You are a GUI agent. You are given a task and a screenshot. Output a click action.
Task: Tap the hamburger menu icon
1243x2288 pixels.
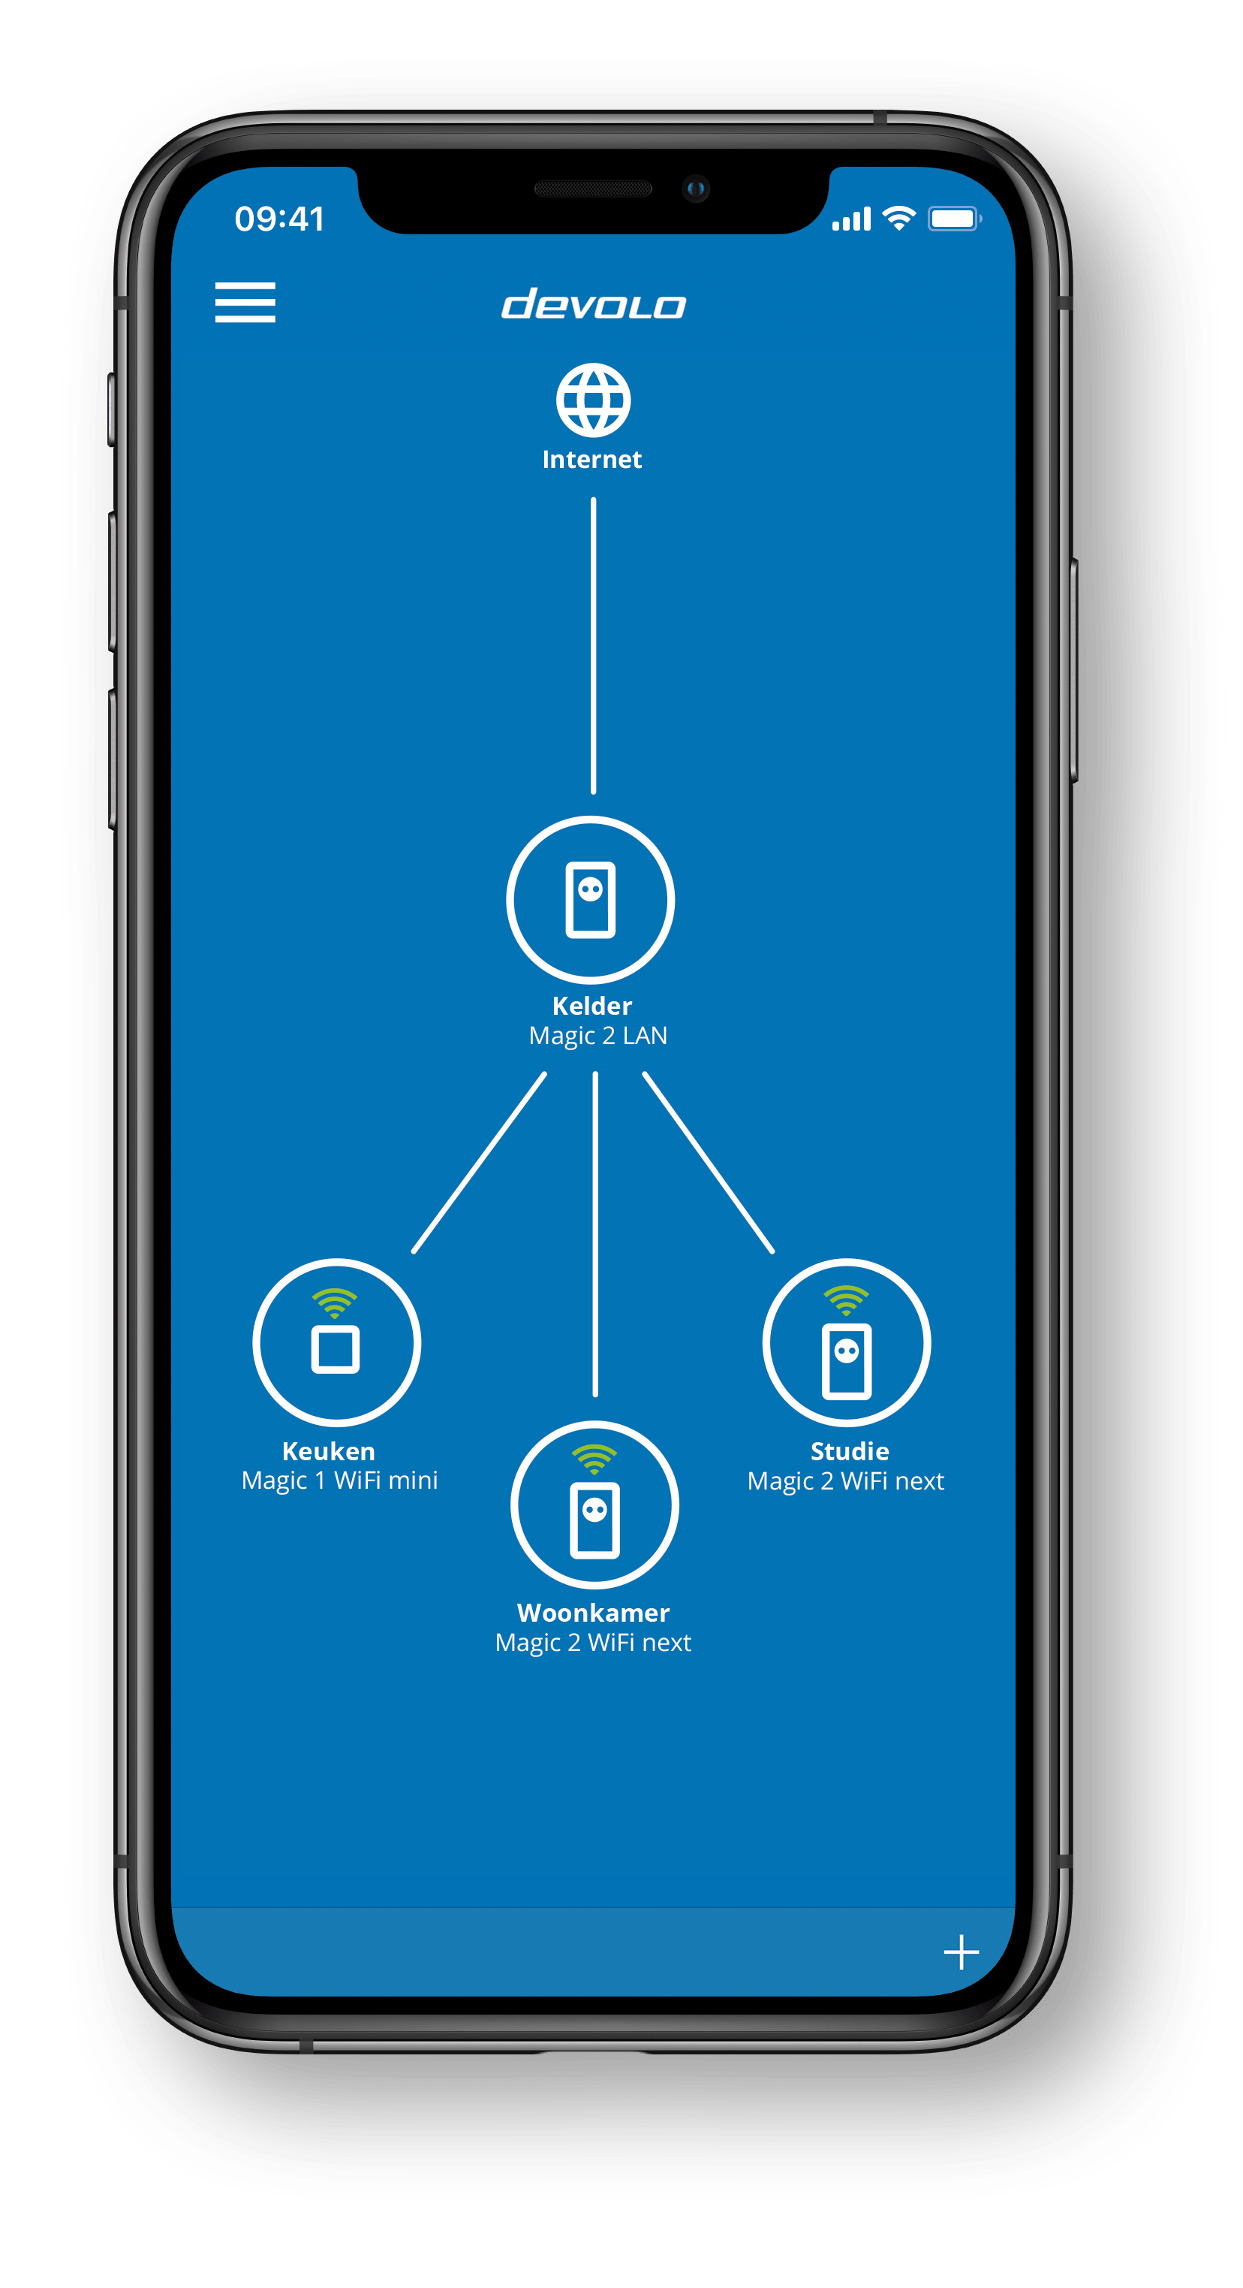tap(245, 302)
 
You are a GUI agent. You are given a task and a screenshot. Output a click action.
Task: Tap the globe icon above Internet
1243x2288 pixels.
tap(593, 400)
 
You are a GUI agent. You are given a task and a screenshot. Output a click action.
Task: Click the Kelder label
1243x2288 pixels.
tap(592, 1006)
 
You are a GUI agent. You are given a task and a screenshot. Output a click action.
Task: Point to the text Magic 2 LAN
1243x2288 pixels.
tap(597, 1036)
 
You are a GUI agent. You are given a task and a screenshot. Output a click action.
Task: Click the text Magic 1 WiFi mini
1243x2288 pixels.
tap(340, 1481)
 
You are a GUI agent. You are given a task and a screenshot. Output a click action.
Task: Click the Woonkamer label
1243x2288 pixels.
tap(593, 1612)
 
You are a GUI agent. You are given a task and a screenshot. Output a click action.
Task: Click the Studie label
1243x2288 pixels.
tap(850, 1450)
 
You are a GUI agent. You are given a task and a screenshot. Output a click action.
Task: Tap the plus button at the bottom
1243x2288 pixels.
tap(962, 1952)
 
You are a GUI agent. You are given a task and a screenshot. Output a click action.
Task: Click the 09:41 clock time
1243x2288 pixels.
tap(280, 219)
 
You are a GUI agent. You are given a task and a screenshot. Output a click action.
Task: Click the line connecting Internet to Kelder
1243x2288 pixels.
tap(594, 646)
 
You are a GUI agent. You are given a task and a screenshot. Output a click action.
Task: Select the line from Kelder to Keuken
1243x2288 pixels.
tap(480, 1163)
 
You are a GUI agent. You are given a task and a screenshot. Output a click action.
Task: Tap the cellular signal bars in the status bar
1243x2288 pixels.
tap(851, 219)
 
